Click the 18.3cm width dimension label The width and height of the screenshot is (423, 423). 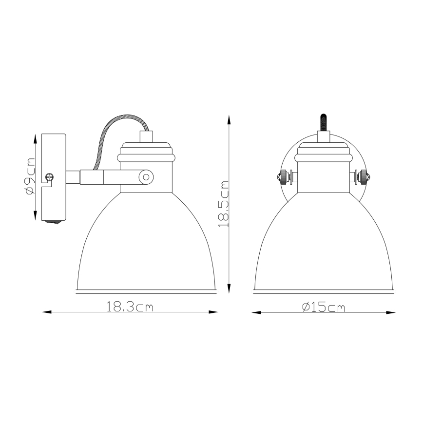[130, 307]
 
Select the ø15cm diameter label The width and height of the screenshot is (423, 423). [323, 307]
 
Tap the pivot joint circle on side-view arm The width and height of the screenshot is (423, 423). [145, 176]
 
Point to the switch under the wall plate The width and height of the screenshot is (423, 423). [53, 223]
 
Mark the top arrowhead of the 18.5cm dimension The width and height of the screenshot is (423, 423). [229, 119]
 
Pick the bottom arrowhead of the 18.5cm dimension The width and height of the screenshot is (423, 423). [229, 287]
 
